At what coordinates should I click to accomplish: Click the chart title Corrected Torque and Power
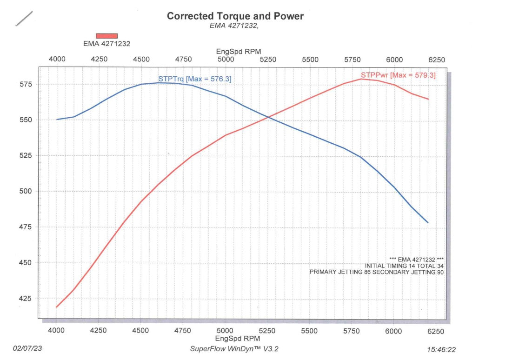point(235,16)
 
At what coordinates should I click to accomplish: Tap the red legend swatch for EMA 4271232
point(106,36)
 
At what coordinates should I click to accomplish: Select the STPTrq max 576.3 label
point(194,79)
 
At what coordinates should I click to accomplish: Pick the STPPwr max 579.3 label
point(398,75)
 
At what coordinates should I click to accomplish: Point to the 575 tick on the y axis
point(26,84)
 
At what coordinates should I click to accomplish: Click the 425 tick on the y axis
point(26,299)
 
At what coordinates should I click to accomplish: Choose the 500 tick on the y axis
point(26,191)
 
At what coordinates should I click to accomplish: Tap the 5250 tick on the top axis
point(268,60)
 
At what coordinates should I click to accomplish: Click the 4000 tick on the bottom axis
point(57,331)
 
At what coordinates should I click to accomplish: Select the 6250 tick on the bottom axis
point(436,331)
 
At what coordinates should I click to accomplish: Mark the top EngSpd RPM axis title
point(238,51)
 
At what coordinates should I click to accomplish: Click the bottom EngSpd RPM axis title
point(238,339)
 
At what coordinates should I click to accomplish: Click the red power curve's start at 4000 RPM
point(57,307)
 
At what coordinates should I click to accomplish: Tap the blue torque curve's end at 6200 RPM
point(428,223)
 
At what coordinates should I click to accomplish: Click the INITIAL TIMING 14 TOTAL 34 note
point(404,266)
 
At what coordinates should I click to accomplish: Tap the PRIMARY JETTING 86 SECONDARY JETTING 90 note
point(377,272)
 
